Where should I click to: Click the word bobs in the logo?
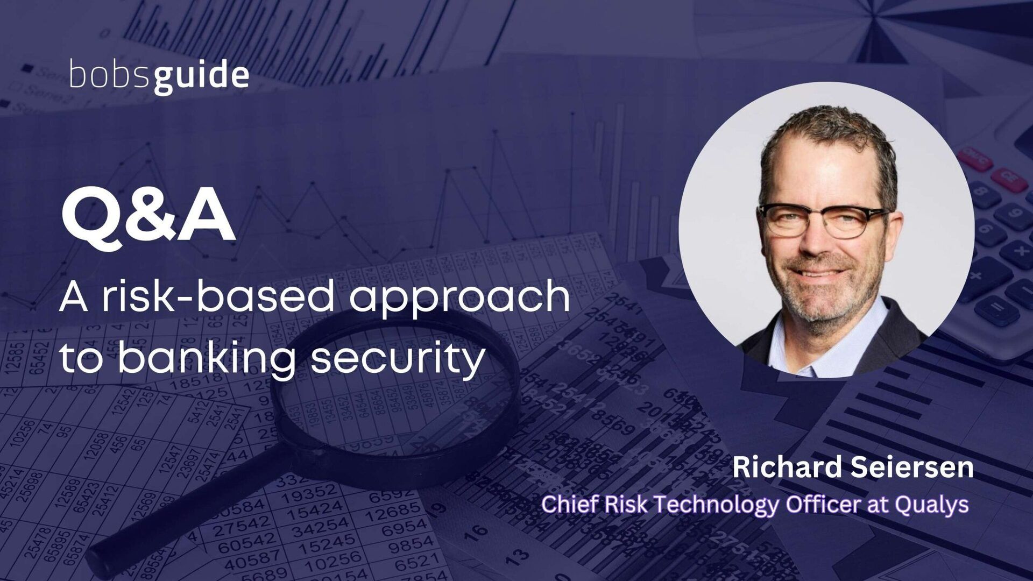tap(111, 76)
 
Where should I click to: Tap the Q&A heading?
tap(148, 218)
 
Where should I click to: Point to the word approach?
tap(459, 300)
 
